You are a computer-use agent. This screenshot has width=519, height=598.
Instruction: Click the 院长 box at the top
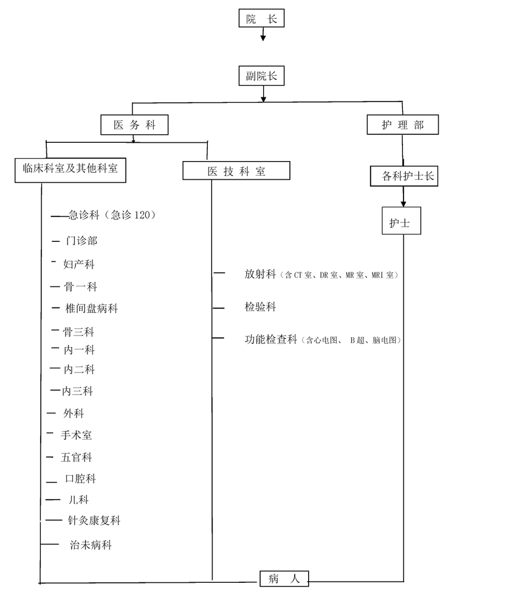pos(261,18)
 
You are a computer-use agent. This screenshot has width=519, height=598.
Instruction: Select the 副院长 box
pos(261,76)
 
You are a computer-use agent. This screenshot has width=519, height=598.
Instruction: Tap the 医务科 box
pos(134,125)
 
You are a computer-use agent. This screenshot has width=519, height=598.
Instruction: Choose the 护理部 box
pos(403,125)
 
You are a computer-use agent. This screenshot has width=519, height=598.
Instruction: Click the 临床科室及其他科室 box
pos(70,170)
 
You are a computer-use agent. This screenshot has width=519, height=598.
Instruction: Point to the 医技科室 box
pos(236,171)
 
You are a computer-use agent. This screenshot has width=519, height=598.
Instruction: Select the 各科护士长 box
pos(404,176)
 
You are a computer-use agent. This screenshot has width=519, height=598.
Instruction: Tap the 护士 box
pos(402,221)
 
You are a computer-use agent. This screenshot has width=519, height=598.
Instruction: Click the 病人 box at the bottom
pos(284,579)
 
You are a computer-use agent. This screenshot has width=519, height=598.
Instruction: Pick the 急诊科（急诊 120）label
pos(112,215)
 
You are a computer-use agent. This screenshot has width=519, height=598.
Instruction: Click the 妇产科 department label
pos(79,264)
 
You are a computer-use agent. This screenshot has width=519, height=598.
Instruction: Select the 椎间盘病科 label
pos(92,308)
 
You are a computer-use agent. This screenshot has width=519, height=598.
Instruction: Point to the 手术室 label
pos(76,435)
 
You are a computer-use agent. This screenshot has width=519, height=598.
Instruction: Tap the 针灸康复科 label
pos(94,520)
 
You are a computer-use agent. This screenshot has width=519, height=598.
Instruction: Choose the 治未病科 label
pos(91,545)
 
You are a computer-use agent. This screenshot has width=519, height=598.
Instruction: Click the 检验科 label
pos(261,307)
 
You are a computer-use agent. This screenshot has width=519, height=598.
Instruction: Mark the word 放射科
pos(261,274)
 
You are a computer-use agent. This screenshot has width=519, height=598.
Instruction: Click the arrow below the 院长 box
pos(263,34)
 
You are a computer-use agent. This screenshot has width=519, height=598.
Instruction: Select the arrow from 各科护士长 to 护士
pos(403,196)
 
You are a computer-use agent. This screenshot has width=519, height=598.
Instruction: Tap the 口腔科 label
pos(80,479)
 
